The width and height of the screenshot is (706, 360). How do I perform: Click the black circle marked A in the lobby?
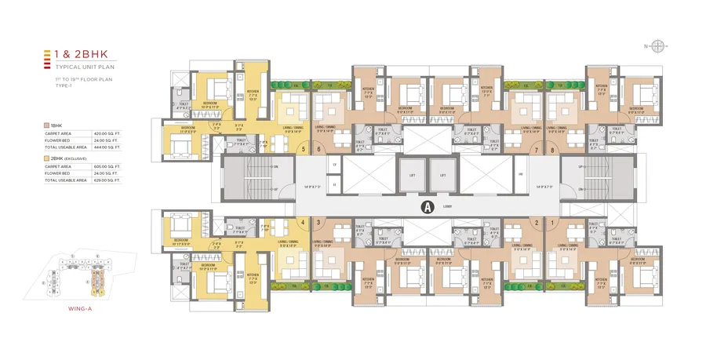coord(428,207)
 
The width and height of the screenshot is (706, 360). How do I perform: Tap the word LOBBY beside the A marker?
coord(447,207)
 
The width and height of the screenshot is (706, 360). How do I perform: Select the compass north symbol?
coord(657,45)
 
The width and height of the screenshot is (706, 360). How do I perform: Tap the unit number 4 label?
coord(303,223)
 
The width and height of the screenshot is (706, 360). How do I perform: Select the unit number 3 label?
coord(318,223)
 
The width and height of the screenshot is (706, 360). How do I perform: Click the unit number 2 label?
coord(536,223)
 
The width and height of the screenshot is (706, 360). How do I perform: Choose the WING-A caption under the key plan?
coord(76,308)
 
